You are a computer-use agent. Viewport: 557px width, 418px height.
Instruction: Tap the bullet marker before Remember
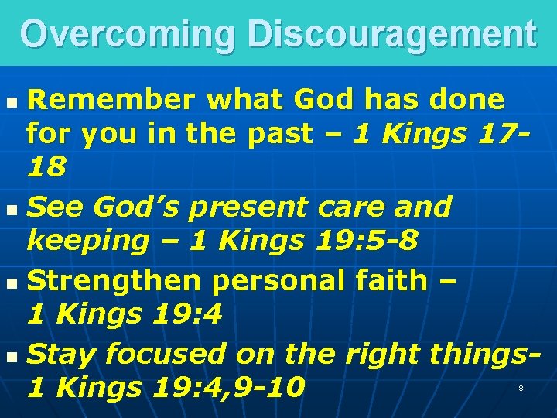point(9,101)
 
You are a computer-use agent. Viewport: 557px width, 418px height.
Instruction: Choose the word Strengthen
point(118,279)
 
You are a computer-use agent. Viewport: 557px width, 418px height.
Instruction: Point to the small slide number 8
point(521,388)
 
